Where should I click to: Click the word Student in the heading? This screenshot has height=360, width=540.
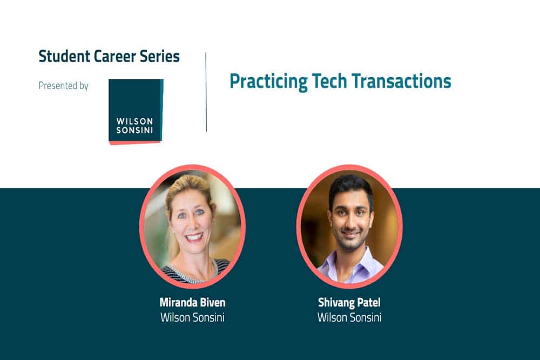tap(64, 56)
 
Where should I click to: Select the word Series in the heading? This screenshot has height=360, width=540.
tap(159, 56)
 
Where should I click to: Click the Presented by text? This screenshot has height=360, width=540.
tap(63, 86)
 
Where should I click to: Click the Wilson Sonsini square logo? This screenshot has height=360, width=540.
tap(136, 112)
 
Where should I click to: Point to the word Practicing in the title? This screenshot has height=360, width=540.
tap(268, 81)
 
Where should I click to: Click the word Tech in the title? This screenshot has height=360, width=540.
tap(329, 80)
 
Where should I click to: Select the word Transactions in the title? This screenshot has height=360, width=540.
tap(401, 80)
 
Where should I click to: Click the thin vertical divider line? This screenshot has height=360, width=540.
tap(206, 92)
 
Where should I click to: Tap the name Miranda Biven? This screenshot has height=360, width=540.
tap(193, 303)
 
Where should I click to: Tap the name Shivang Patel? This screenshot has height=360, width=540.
tap(349, 303)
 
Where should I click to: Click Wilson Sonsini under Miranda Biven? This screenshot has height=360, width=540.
tap(193, 317)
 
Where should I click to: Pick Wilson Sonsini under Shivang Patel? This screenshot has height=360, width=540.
tap(349, 317)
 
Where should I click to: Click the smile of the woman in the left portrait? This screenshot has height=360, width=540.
tap(194, 237)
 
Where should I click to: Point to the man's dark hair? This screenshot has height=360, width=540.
tap(350, 188)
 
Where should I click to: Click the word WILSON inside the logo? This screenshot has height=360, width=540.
tap(134, 121)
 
